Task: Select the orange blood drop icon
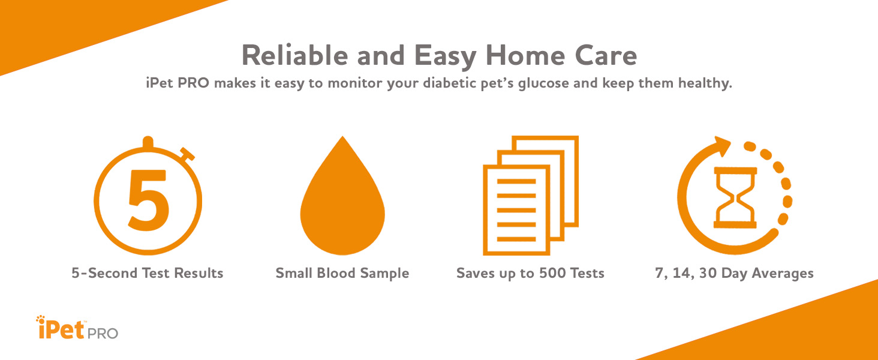pyautogui.click(x=342, y=201)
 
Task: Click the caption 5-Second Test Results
pyautogui.click(x=148, y=274)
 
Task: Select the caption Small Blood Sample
pyautogui.click(x=342, y=274)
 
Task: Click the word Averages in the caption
pyautogui.click(x=782, y=274)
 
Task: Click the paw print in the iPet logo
pyautogui.click(x=41, y=319)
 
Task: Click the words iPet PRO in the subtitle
pyautogui.click(x=178, y=83)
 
